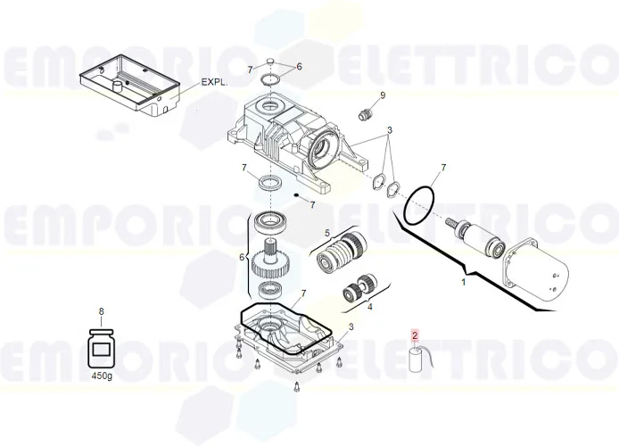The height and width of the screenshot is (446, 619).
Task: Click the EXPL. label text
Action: coord(215,81)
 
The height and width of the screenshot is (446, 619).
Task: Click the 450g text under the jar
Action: coord(102,376)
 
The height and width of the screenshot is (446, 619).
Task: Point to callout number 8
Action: coord(102,311)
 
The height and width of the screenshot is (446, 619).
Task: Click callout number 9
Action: coord(383,95)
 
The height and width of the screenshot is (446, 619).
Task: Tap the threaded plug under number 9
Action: coord(364,114)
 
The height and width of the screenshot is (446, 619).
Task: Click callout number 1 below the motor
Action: coord(463,282)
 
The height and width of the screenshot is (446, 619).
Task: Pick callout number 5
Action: coord(326,234)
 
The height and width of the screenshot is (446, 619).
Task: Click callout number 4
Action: coord(370,306)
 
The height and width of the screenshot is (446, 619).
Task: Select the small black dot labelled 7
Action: coord(295,195)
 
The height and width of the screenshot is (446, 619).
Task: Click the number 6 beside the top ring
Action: coord(299,67)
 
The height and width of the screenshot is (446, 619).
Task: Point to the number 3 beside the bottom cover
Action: coord(351,327)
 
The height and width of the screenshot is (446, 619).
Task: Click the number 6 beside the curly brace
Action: coord(241,257)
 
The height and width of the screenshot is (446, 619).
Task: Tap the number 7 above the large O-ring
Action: coord(443,168)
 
